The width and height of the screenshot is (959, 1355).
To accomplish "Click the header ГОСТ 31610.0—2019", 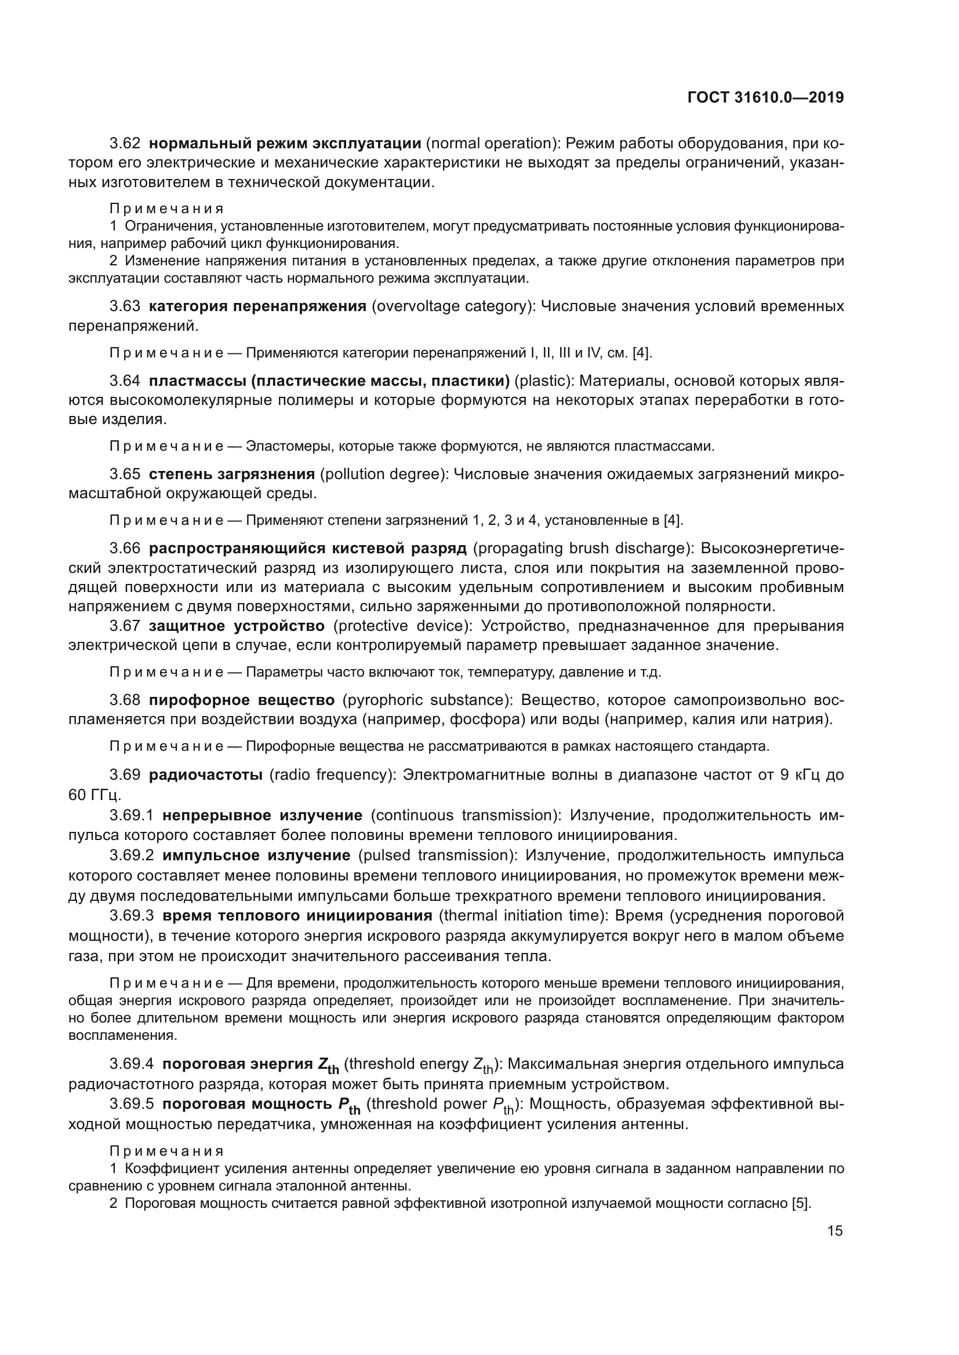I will (x=765, y=97).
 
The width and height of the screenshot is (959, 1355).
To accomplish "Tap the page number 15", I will (x=835, y=1230).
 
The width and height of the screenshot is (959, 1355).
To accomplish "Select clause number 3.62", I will (x=125, y=144).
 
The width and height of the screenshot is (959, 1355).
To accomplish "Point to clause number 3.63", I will (x=125, y=306).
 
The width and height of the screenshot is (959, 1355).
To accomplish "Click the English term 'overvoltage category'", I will (x=452, y=306).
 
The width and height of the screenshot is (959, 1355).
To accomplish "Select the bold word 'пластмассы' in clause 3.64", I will (x=197, y=381).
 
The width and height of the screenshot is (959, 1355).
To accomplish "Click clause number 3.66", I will (x=125, y=548).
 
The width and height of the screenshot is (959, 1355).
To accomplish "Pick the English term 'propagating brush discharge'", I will (x=582, y=548).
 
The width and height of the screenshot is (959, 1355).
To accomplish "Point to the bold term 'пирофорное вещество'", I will (x=242, y=700).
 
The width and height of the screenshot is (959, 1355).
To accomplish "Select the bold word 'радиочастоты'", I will (x=205, y=775).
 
